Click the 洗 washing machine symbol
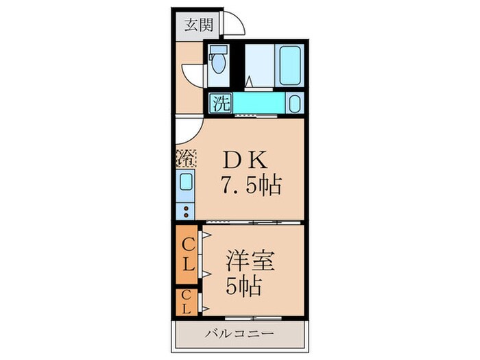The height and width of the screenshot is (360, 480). [x=221, y=104]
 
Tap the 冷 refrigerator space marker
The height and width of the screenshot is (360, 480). [x=186, y=158]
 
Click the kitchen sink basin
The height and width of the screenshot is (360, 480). [x=187, y=184]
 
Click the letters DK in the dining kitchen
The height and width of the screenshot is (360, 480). [x=242, y=160]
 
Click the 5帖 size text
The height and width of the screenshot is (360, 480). [x=243, y=287]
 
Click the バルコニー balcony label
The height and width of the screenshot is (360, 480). [x=240, y=334]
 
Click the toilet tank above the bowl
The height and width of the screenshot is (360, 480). [x=219, y=51]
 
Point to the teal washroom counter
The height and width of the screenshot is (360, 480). [x=257, y=104]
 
